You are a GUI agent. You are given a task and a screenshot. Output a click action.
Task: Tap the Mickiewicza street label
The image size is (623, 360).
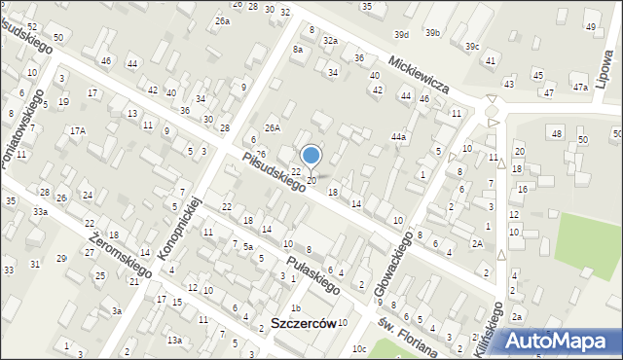click(416, 73)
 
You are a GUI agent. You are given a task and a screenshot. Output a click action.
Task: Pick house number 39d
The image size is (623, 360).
click(401, 34)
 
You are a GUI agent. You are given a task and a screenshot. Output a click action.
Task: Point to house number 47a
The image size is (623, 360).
click(580, 88)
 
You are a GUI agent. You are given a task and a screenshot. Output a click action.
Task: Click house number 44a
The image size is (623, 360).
click(398, 137)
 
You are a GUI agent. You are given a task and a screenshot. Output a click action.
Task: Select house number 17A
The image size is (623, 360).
click(77, 130)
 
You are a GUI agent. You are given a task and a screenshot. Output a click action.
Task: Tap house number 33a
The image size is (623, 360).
click(40, 211)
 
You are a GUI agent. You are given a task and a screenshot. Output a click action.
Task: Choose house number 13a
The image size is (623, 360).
click(173, 340)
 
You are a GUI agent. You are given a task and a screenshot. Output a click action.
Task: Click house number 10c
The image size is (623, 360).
click(359, 348)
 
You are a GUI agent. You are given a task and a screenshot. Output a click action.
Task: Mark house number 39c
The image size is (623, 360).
click(472, 46)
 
